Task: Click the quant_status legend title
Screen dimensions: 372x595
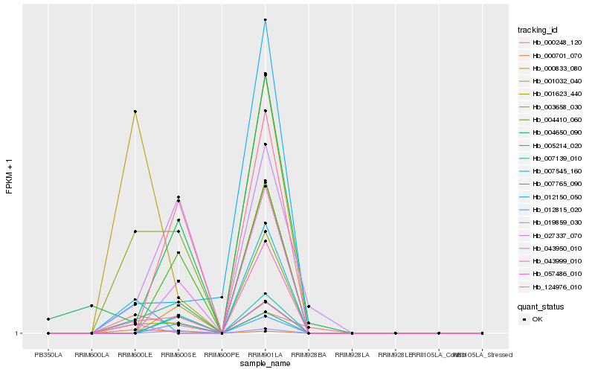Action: click(x=541, y=307)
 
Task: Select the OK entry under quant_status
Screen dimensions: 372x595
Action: click(x=538, y=319)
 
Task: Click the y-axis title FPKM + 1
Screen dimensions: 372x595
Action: click(x=10, y=176)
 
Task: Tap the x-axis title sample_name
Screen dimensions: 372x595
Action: click(x=266, y=364)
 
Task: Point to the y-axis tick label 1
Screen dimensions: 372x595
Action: click(x=18, y=333)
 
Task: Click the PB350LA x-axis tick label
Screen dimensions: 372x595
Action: click(x=48, y=355)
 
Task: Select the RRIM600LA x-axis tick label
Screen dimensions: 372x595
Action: click(x=91, y=355)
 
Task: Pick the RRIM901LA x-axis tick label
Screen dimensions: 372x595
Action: click(x=266, y=355)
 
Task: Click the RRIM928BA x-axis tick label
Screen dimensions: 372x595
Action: click(x=309, y=355)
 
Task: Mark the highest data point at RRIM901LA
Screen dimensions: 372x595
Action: click(x=266, y=19)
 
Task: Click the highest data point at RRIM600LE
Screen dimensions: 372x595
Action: click(x=135, y=112)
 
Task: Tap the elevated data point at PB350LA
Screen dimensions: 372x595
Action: click(x=48, y=319)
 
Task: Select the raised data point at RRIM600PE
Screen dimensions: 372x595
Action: click(x=222, y=297)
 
